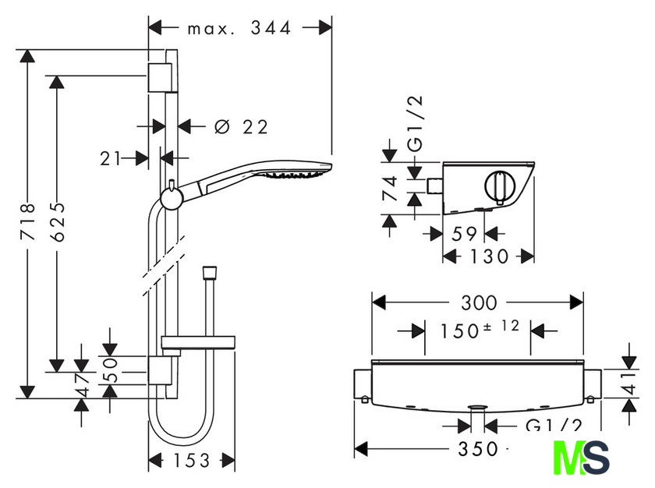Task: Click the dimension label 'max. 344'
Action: click(x=239, y=28)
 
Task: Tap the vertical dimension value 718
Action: click(x=28, y=221)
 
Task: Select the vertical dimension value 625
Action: click(x=57, y=221)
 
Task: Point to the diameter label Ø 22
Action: click(x=241, y=126)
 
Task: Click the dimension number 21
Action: click(x=110, y=158)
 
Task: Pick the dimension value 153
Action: click(x=191, y=461)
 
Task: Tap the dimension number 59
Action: click(x=464, y=234)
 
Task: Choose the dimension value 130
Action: click(x=489, y=256)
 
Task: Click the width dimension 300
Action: click(x=479, y=302)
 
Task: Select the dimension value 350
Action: click(x=478, y=449)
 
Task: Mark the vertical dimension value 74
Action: click(x=390, y=189)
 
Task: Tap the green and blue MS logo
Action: click(x=581, y=458)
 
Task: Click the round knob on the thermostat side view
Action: click(x=501, y=187)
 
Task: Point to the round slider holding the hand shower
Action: click(x=172, y=198)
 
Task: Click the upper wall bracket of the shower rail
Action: click(x=160, y=78)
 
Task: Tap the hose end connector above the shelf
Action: click(x=209, y=273)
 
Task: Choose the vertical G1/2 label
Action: click(x=415, y=123)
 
